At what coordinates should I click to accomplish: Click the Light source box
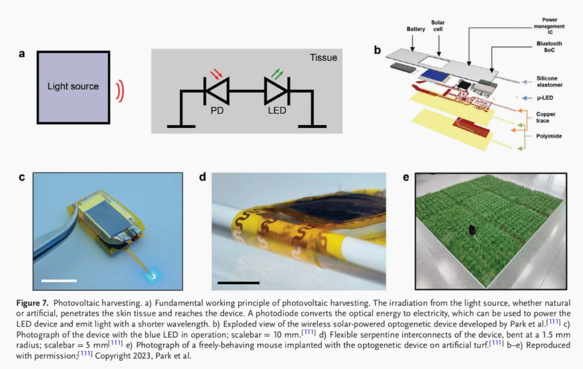tap(73, 87)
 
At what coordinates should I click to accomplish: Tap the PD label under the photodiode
tap(217, 111)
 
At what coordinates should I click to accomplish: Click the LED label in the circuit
tap(277, 111)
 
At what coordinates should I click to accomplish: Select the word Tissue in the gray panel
tap(323, 58)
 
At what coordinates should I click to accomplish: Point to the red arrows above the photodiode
tap(216, 73)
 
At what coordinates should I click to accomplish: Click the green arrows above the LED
tap(277, 73)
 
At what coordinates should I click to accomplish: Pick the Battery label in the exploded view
tap(416, 29)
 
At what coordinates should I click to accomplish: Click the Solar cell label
tap(438, 26)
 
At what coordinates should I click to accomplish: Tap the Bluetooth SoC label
tap(549, 47)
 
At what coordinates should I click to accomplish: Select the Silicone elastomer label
tap(550, 82)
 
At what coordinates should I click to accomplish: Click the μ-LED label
tap(545, 98)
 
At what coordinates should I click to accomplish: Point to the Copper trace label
tap(545, 118)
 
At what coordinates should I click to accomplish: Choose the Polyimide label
tap(549, 136)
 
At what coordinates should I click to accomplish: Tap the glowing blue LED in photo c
tap(153, 276)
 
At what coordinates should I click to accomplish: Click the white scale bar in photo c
tap(59, 281)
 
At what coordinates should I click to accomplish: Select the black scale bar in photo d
tap(239, 283)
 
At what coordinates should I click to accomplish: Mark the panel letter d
tap(202, 177)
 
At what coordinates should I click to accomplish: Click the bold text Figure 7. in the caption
tap(32, 303)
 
